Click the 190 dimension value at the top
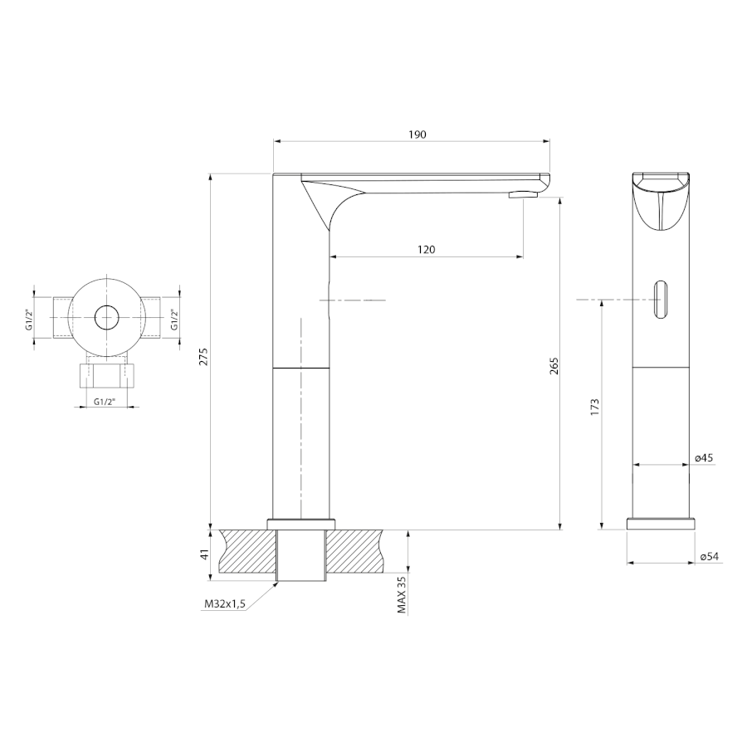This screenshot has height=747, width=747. pos(417,134)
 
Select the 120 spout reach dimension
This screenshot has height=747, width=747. pos(427,250)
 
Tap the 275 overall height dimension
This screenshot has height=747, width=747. pos(204,357)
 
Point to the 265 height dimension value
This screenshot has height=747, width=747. pos(554,365)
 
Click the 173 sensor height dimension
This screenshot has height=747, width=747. pos(594,408)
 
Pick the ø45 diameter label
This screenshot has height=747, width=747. pos(704,458)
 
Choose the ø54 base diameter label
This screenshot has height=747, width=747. pos(710,556)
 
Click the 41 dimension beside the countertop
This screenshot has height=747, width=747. pos(204,555)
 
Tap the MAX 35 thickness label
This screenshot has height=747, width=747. pos(402,594)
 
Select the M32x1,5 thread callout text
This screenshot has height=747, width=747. pos(225,604)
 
